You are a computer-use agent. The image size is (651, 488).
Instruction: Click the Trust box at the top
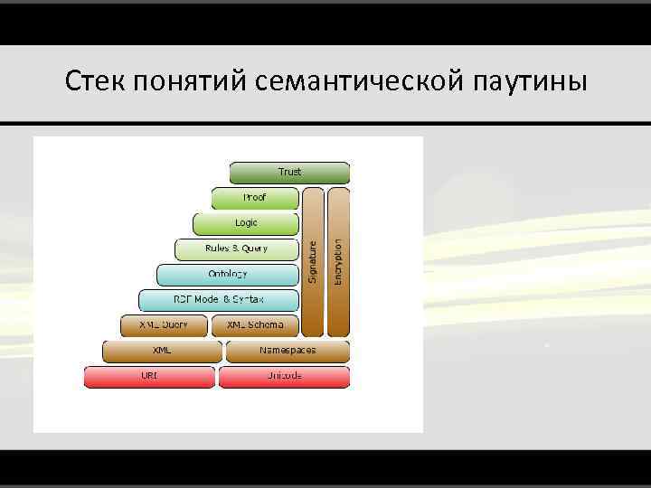[x=289, y=173]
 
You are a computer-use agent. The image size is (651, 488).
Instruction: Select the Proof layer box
[x=254, y=197]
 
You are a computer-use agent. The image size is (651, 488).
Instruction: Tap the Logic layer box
[x=245, y=223]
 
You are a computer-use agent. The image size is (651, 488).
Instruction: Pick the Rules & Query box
[x=236, y=249]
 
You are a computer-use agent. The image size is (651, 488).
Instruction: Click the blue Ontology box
[x=227, y=274]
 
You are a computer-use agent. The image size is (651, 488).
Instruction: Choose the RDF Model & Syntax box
[x=218, y=299]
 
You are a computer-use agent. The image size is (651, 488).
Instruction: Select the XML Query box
[x=164, y=324]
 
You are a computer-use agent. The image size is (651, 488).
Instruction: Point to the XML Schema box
[x=255, y=324]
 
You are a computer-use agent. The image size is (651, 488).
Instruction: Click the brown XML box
[x=162, y=351]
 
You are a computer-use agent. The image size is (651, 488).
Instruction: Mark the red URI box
[x=149, y=376]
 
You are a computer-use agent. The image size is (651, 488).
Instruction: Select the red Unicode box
[x=284, y=376]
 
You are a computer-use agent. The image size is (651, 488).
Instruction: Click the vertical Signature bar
[x=313, y=261]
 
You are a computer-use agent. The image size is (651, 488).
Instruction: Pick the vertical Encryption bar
[x=338, y=261]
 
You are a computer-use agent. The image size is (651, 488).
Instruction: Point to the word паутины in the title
[x=529, y=82]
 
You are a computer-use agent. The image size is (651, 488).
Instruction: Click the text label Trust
[x=289, y=172]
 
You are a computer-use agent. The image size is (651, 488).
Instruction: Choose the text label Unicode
[x=284, y=375]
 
